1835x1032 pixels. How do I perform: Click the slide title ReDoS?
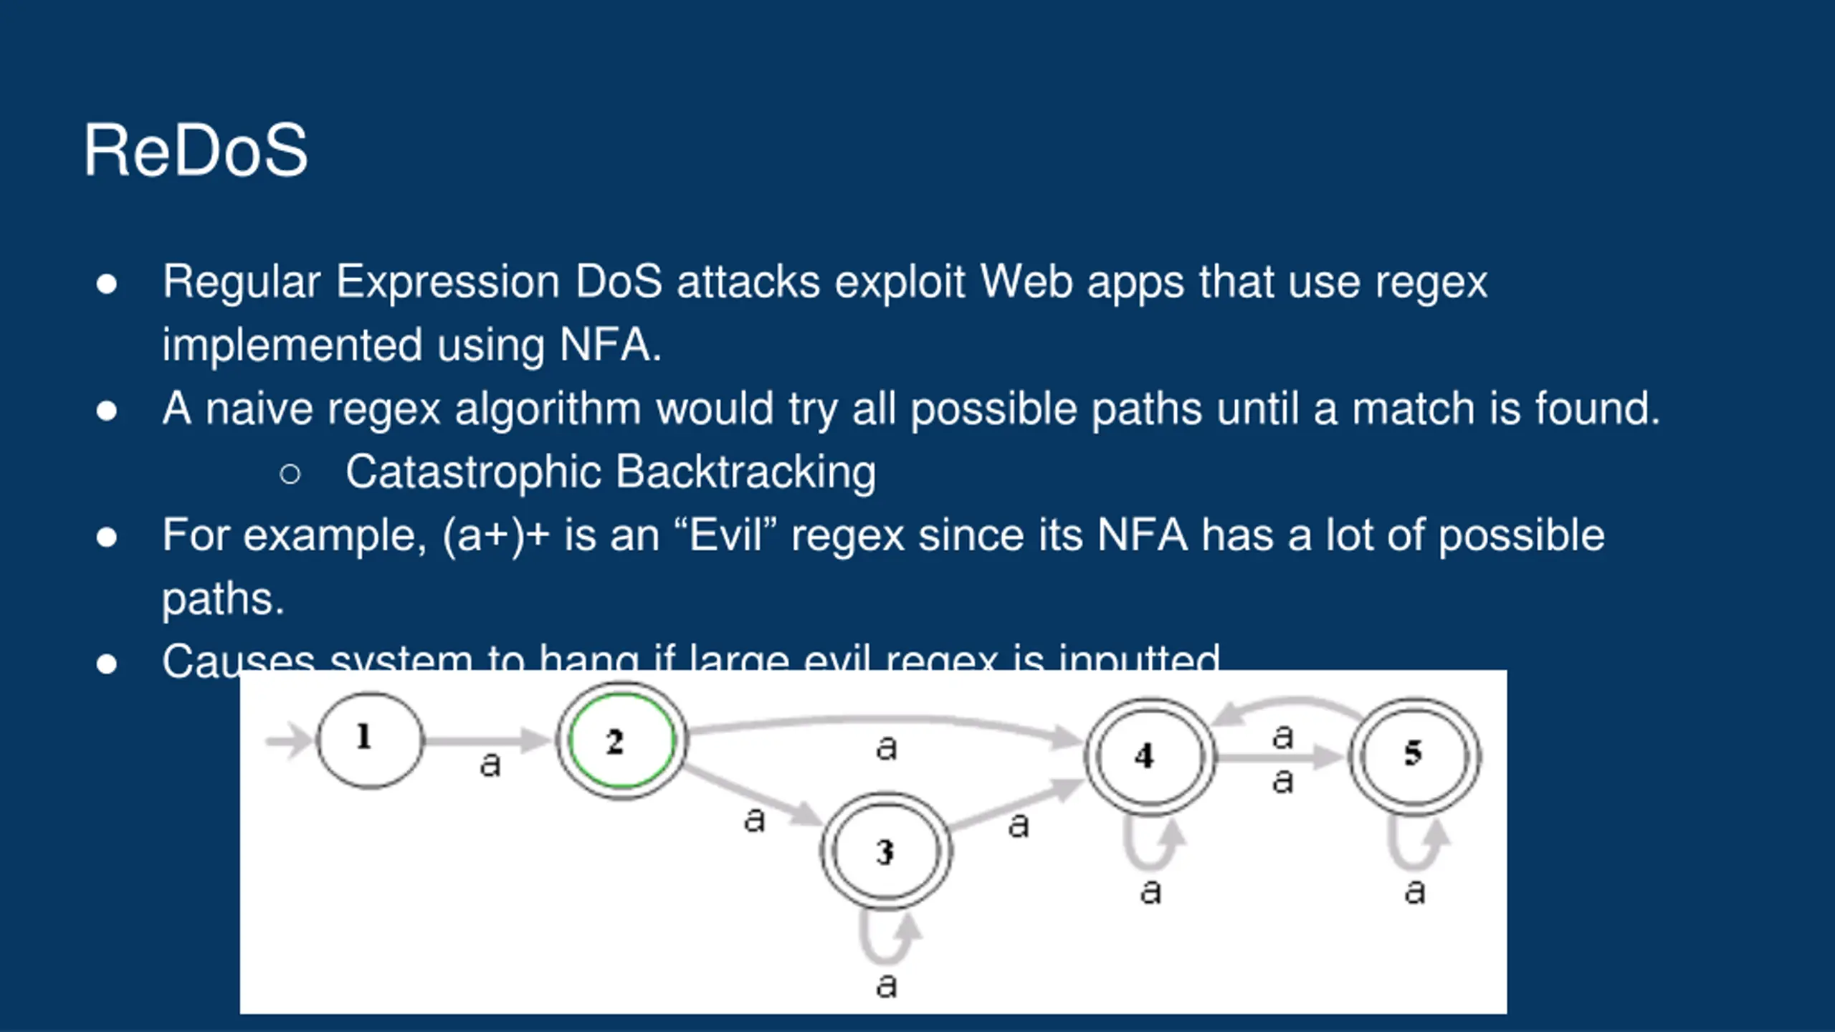pos(195,150)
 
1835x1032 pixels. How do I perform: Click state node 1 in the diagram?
pos(369,740)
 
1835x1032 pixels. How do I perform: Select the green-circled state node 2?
pos(621,741)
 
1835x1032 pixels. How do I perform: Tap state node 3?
pos(886,851)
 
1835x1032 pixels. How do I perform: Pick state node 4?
pos(1150,757)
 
